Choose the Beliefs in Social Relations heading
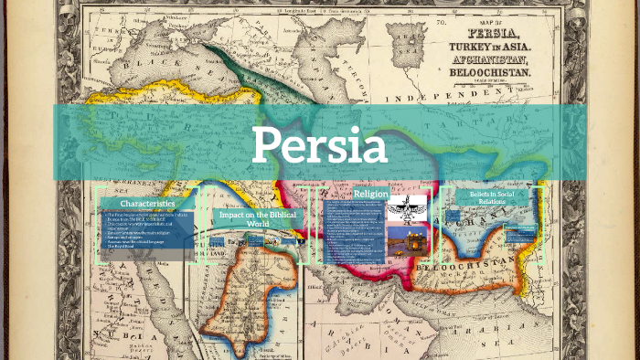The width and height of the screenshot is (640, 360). coord(491,198)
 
